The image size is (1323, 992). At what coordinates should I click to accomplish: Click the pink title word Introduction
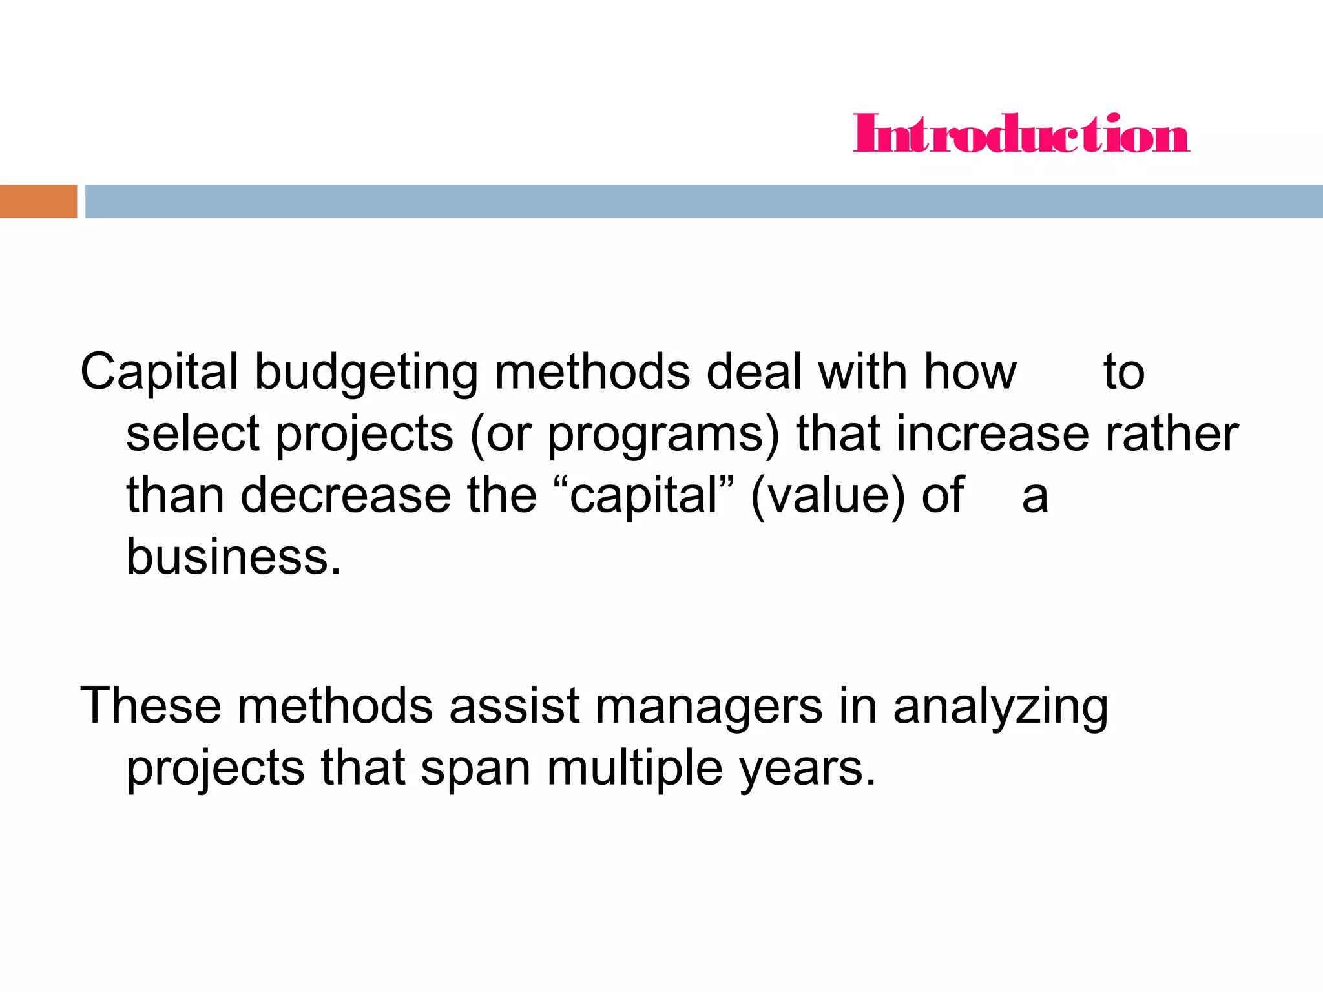[1021, 134]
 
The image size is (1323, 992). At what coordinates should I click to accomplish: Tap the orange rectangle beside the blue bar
[38, 201]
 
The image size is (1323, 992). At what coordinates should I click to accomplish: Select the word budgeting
[366, 373]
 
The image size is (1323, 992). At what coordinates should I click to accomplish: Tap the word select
[193, 434]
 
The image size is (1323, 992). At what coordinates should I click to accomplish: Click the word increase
[992, 434]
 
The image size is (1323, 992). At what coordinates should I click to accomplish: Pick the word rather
[1171, 434]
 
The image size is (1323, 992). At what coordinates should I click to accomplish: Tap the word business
[233, 557]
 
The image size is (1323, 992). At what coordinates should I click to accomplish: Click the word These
[151, 706]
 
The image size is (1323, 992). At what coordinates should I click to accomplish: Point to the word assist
[514, 706]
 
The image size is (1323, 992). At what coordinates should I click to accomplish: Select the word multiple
[634, 769]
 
